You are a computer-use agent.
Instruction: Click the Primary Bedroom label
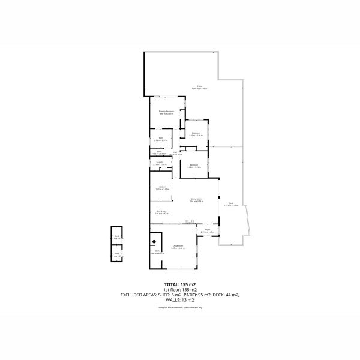click(x=166, y=112)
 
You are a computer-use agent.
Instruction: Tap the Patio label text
click(x=199, y=87)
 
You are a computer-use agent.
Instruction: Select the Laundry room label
click(x=160, y=163)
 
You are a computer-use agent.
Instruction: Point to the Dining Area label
click(x=161, y=211)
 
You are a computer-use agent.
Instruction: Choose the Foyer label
click(x=207, y=230)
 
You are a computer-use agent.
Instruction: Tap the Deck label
click(x=231, y=204)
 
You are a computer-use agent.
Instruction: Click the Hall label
click(x=175, y=152)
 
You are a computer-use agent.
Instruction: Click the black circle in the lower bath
click(x=154, y=241)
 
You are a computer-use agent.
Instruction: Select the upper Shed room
click(x=116, y=238)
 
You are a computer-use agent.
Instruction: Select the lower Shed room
click(x=116, y=254)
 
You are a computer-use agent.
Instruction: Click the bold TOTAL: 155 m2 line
click(x=180, y=284)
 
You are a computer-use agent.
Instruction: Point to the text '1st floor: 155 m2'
click(x=180, y=290)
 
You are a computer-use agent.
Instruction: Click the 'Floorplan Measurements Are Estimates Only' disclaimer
click(x=180, y=307)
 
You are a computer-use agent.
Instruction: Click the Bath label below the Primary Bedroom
click(x=161, y=139)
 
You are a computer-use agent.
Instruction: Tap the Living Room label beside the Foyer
click(x=177, y=246)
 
